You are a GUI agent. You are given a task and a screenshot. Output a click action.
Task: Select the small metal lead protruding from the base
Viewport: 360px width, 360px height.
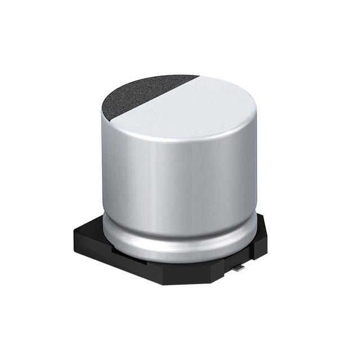240,269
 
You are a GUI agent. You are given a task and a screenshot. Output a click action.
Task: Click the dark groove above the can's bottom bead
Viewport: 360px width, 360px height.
180,235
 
